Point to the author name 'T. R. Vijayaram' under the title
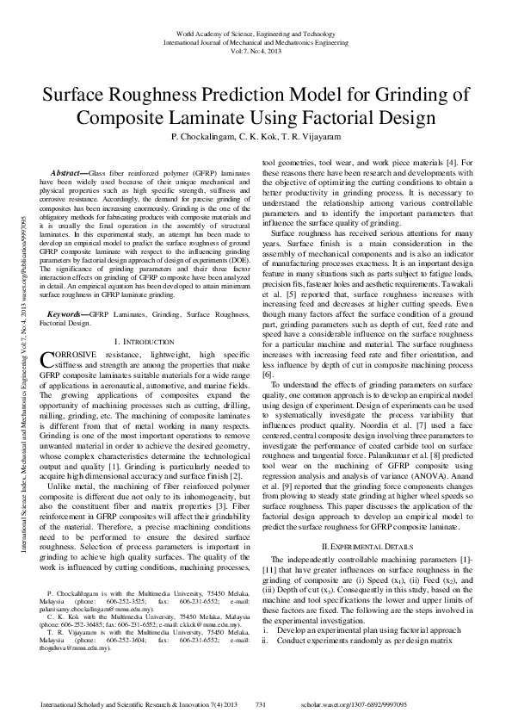click(x=309, y=138)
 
